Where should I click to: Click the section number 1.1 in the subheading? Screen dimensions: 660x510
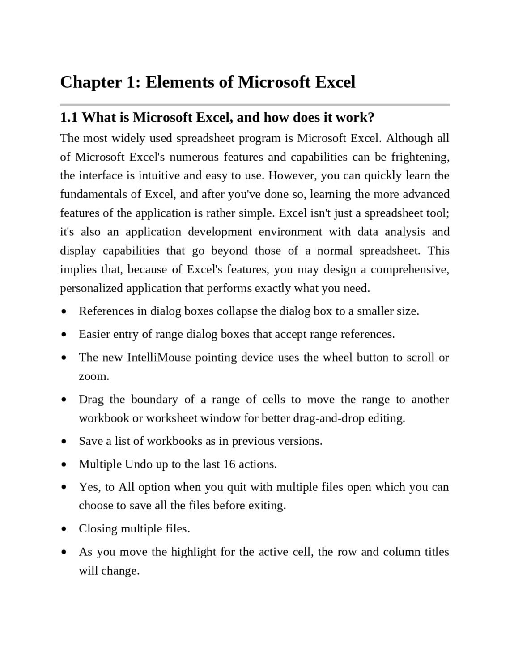point(69,118)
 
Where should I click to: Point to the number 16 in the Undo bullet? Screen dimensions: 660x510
point(229,464)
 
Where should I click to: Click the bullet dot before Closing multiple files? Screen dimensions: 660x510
point(65,529)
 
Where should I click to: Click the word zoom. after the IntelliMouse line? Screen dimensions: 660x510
point(94,376)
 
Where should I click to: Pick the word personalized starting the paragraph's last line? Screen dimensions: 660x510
point(92,288)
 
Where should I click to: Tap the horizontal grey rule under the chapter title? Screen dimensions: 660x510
point(255,105)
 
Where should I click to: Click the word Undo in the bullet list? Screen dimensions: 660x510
point(139,464)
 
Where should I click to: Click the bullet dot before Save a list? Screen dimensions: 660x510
point(65,442)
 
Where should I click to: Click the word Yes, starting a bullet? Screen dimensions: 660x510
point(90,487)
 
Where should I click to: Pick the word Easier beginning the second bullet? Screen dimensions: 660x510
point(94,334)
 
